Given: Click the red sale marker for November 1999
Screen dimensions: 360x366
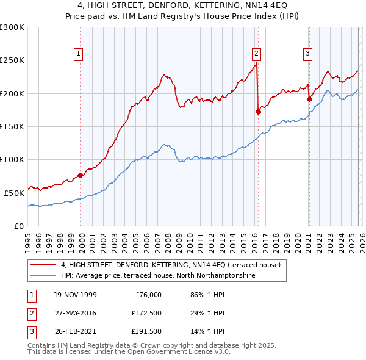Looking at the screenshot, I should (x=81, y=176).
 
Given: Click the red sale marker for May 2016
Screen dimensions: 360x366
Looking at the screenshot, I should (x=258, y=112).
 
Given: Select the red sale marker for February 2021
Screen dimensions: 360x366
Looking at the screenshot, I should (x=309, y=99).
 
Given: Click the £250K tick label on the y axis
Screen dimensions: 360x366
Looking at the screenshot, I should (x=12, y=60).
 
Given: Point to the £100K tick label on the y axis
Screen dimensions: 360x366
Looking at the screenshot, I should (x=12, y=159).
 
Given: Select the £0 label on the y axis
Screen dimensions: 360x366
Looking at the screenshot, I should (x=18, y=225).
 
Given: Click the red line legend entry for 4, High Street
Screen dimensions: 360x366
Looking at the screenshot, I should (x=170, y=265).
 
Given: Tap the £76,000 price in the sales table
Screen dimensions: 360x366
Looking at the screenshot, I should (x=148, y=295).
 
